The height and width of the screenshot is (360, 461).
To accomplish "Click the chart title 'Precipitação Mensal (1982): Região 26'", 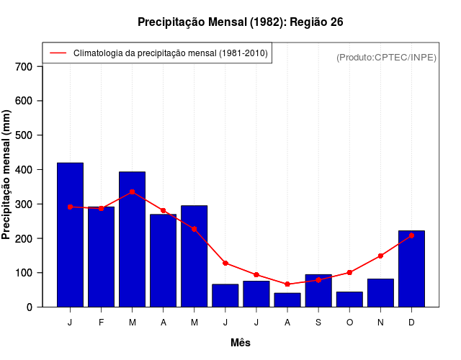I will pyautogui.click(x=240, y=22).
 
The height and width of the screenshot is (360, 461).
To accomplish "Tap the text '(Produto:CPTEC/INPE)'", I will pyautogui.click(x=386, y=57).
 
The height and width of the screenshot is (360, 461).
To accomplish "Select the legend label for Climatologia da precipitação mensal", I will pyautogui.click(x=170, y=53).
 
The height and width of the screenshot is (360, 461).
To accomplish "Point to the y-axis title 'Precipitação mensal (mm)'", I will pyautogui.click(x=6, y=175).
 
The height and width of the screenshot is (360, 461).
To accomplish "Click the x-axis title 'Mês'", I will pyautogui.click(x=241, y=343).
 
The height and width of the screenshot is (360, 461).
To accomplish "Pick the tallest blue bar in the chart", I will pyautogui.click(x=70, y=235).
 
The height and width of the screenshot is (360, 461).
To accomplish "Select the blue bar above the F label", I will pyautogui.click(x=101, y=257).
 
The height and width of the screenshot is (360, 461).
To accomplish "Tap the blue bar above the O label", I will pyautogui.click(x=349, y=300).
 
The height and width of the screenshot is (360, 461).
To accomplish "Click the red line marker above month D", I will pyautogui.click(x=411, y=235).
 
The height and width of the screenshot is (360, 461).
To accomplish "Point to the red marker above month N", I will pyautogui.click(x=380, y=256).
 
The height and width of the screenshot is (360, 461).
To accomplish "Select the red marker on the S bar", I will pyautogui.click(x=318, y=280).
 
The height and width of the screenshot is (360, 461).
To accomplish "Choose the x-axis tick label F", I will pyautogui.click(x=101, y=323).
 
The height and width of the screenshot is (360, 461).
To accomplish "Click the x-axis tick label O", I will pyautogui.click(x=349, y=323).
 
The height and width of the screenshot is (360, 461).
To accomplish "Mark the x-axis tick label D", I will pyautogui.click(x=411, y=323).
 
